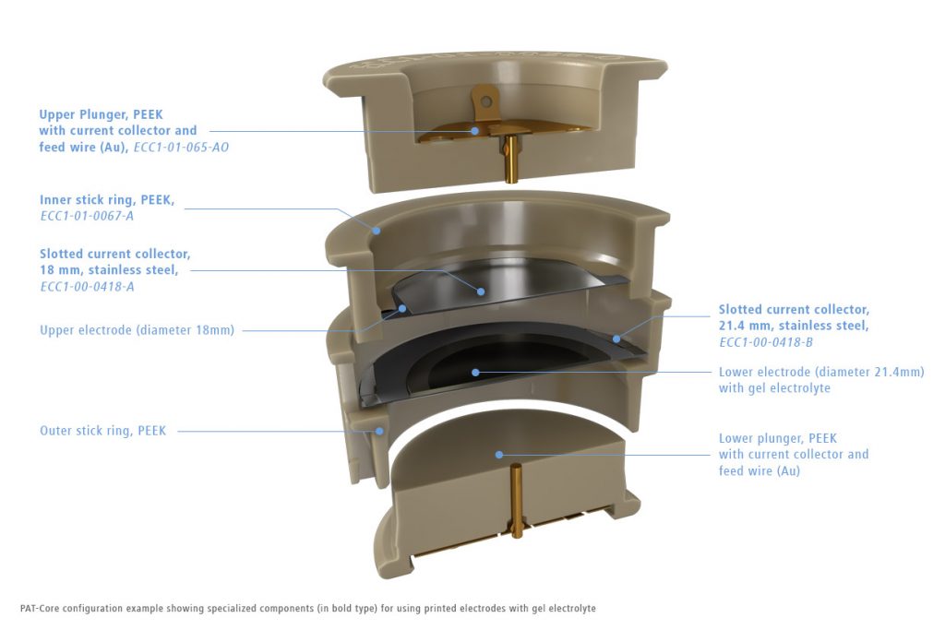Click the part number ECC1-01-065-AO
click(181, 148)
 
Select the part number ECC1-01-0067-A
click(87, 216)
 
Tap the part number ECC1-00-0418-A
click(87, 287)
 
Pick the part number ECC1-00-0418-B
click(765, 342)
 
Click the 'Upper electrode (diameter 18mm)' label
click(137, 330)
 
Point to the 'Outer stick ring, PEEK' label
click(102, 431)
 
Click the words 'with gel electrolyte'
click(774, 388)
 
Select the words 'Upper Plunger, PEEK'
click(102, 114)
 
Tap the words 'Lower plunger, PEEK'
click(777, 438)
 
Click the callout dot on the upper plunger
click(475, 131)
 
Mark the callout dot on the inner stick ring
click(377, 230)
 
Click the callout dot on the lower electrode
click(475, 373)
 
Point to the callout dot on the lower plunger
click(499, 455)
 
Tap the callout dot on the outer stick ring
click(379, 431)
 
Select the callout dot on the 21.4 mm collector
click(616, 339)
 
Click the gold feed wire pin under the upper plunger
click(510, 160)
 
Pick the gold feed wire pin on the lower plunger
click(516, 501)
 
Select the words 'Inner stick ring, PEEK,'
click(107, 200)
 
